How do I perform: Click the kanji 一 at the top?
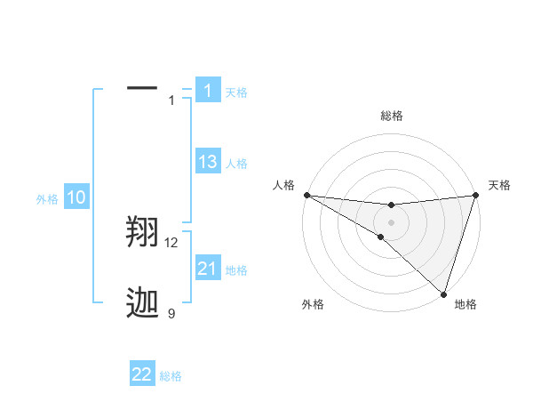coord(142,89)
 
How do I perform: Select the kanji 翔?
coord(142,233)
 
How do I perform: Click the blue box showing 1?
coord(208,90)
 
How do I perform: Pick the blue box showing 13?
coord(208,162)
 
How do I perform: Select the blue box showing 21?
coord(208,269)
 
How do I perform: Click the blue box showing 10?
coord(76,197)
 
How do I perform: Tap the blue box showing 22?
coord(142,374)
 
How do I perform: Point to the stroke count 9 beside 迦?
coord(171,313)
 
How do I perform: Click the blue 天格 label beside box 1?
coord(236,92)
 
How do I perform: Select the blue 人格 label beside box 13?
coord(236,164)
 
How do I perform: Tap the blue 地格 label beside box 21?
coord(236,270)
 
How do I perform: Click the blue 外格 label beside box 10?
coord(47,200)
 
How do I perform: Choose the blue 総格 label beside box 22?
coord(171,377)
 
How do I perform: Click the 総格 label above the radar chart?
coord(391,116)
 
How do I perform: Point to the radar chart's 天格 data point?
coord(475,195)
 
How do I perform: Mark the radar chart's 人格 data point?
coord(306,195)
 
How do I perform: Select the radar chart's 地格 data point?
coord(443,293)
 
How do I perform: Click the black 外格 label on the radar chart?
coord(313,304)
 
